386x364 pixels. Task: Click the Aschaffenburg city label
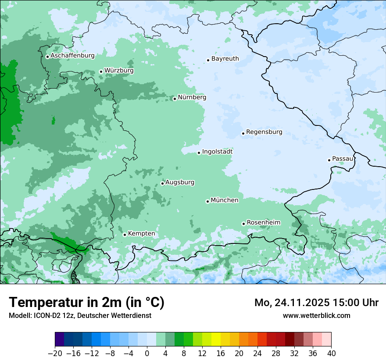click(x=72, y=56)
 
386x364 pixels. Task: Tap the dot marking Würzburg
click(x=101, y=71)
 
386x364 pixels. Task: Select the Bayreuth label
click(x=225, y=59)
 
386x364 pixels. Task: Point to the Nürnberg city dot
click(x=175, y=99)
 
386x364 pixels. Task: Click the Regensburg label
click(x=264, y=132)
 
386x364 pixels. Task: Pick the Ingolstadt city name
click(x=217, y=152)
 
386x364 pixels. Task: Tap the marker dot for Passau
click(x=329, y=160)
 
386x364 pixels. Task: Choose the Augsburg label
click(x=180, y=182)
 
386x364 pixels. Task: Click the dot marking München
click(x=207, y=201)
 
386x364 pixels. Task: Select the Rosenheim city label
click(x=263, y=223)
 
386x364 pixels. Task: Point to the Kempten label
click(x=141, y=234)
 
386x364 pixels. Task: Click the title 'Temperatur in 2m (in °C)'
click(x=86, y=303)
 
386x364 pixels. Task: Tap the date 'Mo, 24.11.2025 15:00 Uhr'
click(x=316, y=303)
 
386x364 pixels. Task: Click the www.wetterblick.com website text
click(x=316, y=315)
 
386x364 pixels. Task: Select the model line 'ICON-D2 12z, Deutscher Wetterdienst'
click(x=80, y=315)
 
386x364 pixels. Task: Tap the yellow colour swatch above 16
click(x=216, y=339)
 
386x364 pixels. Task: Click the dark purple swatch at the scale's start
click(x=60, y=339)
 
